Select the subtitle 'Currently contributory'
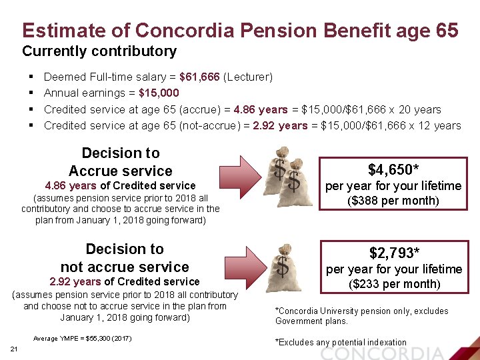99,51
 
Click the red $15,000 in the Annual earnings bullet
159,93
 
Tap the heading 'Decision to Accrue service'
120,162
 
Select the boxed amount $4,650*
393,169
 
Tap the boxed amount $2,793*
394,253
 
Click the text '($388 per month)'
393,201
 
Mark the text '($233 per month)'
394,284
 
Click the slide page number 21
14,351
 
